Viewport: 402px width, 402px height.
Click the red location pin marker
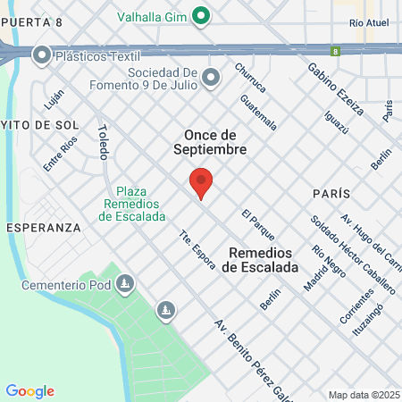[x=201, y=182]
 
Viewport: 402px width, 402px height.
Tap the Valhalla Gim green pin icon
[x=201, y=15]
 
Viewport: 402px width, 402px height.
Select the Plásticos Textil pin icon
[x=41, y=55]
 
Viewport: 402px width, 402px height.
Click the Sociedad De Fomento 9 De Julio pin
[x=211, y=79]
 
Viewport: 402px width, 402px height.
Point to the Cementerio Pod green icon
[x=126, y=286]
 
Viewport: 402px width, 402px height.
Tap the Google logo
[x=29, y=391]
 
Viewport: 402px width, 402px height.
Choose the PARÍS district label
[x=330, y=194]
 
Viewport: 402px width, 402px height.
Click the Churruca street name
[x=250, y=78]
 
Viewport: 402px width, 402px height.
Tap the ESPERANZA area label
[x=43, y=228]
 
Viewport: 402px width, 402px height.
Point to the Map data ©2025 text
[x=363, y=395]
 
